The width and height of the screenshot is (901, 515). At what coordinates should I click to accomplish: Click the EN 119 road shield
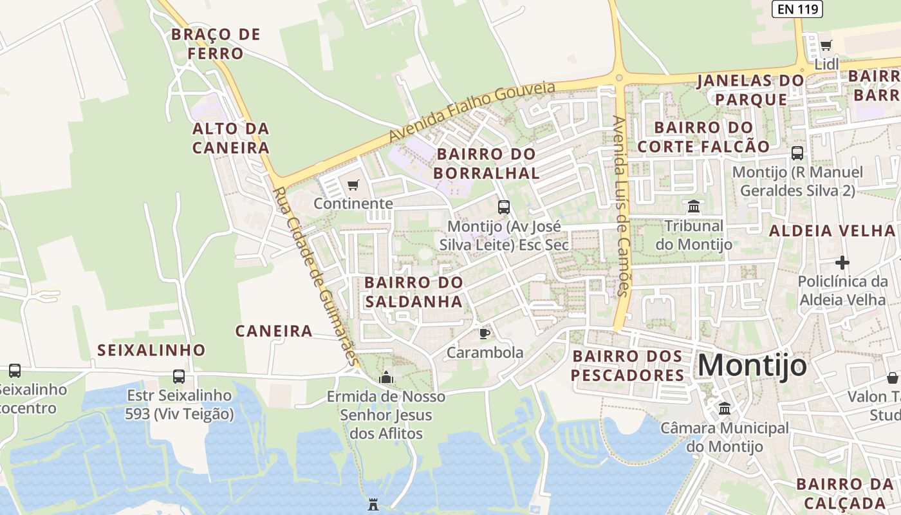(797, 8)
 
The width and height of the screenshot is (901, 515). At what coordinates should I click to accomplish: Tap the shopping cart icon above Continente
(353, 186)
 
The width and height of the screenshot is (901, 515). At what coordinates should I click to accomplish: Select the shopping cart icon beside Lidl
(826, 46)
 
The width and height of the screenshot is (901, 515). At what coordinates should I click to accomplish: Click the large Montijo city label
(752, 366)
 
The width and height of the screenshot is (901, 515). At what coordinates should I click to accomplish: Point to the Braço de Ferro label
(216, 44)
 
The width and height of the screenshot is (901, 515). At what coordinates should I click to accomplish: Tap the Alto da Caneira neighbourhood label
(230, 138)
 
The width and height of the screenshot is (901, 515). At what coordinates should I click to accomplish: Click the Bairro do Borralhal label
(486, 164)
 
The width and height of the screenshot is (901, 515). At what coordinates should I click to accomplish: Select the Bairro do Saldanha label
(413, 292)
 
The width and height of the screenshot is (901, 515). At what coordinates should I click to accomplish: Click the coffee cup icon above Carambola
(484, 333)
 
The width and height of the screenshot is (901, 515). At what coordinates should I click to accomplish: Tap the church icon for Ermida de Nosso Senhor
(386, 377)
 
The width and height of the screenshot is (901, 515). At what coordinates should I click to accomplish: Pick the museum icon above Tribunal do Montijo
(694, 207)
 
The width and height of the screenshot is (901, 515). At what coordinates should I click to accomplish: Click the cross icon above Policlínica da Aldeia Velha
(842, 263)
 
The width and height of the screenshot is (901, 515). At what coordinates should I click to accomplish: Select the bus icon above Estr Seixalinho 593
(179, 376)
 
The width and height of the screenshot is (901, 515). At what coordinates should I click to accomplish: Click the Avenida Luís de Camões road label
(620, 206)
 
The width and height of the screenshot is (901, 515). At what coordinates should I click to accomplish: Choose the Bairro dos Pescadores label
(627, 366)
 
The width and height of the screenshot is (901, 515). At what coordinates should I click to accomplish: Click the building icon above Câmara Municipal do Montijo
(725, 408)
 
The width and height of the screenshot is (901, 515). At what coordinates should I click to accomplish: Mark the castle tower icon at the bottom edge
(373, 504)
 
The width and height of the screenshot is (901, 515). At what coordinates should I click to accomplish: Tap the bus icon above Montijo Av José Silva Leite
(504, 207)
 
